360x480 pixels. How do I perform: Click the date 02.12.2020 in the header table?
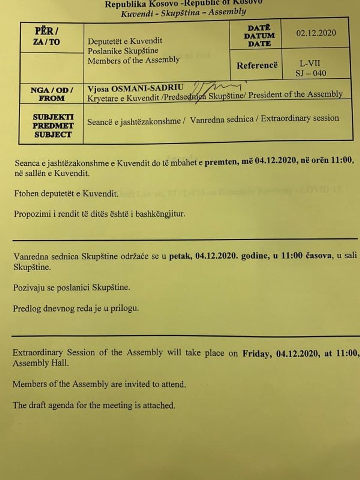[x=316, y=33]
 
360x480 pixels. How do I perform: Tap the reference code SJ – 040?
[x=311, y=73]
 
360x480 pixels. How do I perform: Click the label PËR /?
[x=46, y=31]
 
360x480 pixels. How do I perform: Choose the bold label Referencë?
[x=257, y=66]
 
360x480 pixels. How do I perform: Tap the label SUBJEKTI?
[x=53, y=117]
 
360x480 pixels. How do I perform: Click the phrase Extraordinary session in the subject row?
[x=300, y=118]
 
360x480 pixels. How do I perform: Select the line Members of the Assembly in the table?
[x=133, y=60]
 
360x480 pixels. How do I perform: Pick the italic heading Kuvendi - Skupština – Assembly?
[x=183, y=13]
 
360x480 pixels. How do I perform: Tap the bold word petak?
[x=180, y=256]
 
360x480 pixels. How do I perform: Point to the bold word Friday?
[x=257, y=353]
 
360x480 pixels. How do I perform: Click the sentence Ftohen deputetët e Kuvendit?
[x=66, y=194]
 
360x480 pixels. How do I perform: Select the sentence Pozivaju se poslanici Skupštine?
[x=72, y=288]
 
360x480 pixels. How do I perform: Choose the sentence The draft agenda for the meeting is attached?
[x=94, y=405]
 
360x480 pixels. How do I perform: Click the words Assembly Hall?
[x=40, y=363]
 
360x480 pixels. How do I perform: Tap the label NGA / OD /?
[x=52, y=90]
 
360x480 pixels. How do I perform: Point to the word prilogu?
[x=125, y=308]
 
